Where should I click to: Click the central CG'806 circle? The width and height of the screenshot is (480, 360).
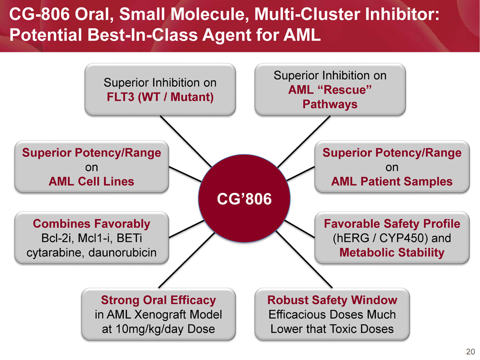pos(245,199)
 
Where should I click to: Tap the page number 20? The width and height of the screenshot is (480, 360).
pos(470,352)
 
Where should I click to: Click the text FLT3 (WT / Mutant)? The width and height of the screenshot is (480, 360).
pos(160,96)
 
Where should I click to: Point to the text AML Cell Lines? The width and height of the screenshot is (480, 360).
pos(91,181)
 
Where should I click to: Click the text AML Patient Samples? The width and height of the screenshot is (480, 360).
pos(392,181)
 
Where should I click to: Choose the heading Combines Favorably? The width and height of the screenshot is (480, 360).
pos(91,224)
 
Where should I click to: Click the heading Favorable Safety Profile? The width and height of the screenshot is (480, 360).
pos(392,224)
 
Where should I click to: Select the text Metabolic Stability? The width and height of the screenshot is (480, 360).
pos(392,252)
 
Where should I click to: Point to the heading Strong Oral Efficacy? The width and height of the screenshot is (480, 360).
pos(158,300)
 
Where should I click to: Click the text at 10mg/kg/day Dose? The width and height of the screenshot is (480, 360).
pos(158,329)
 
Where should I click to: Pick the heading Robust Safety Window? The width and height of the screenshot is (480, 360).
pos(332,300)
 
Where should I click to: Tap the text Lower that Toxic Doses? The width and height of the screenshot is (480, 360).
pos(332,329)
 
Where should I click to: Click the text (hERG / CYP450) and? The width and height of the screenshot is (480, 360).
pos(392,238)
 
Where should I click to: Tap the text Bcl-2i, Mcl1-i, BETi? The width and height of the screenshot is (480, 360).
pos(91,238)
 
